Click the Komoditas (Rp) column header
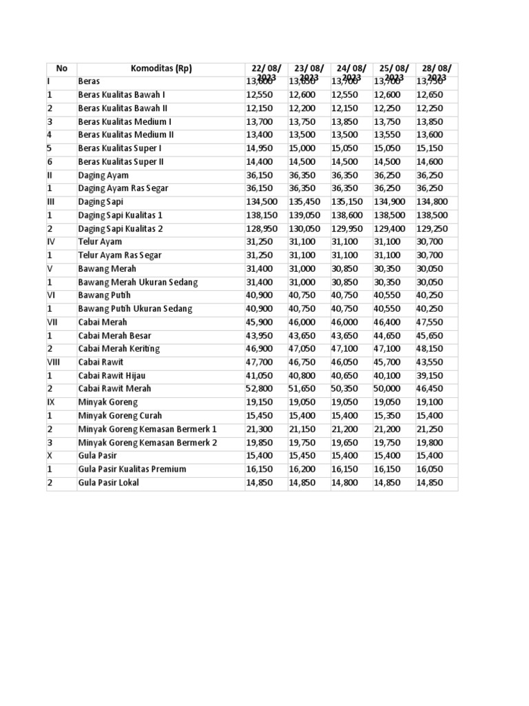click(x=161, y=68)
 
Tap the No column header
click(x=62, y=68)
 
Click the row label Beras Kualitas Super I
click(x=120, y=148)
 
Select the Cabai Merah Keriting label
click(x=118, y=349)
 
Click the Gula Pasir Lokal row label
click(x=108, y=483)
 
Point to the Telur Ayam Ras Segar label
click(x=120, y=255)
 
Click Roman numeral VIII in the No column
click(x=54, y=362)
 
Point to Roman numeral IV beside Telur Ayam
click(x=51, y=242)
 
